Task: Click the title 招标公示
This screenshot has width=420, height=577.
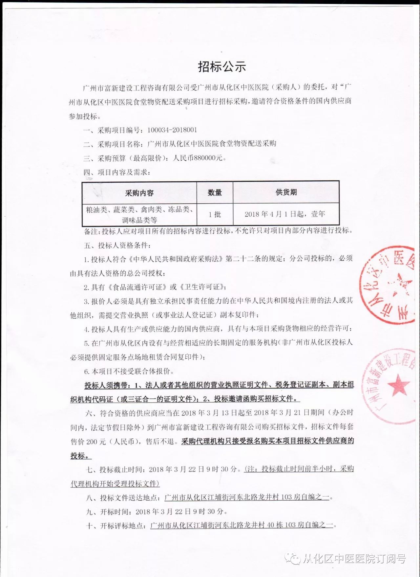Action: click(x=222, y=67)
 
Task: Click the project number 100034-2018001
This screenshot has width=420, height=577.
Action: click(x=172, y=130)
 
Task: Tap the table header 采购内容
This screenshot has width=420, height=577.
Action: click(x=139, y=193)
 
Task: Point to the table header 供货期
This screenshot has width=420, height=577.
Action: click(x=286, y=192)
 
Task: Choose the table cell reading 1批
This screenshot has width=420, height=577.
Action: click(x=215, y=214)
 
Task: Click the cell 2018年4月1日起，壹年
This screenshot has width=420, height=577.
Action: click(x=284, y=214)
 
